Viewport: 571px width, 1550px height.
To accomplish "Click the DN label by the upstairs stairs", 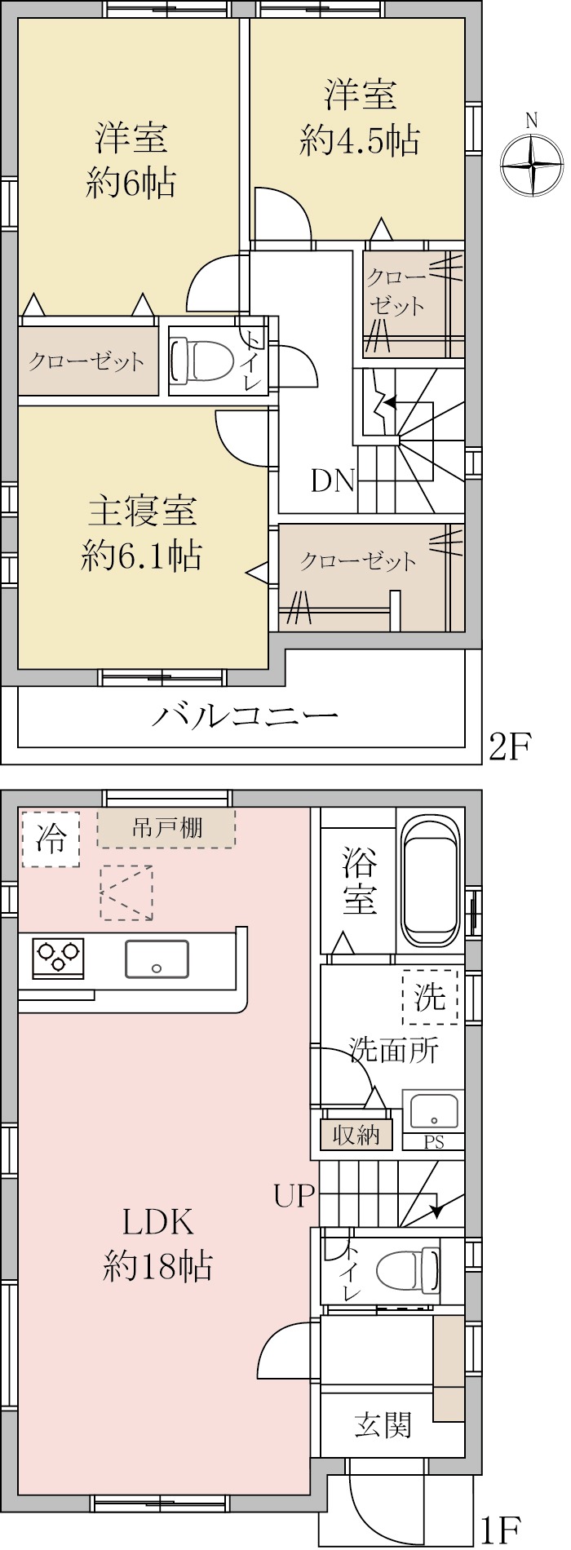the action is pos(333,481).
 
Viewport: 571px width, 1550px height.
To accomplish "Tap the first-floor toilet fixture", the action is pos(408,1270).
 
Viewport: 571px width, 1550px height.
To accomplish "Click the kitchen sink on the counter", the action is pos(157,959).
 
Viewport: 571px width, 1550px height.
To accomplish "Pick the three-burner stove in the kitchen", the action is pos(58,958).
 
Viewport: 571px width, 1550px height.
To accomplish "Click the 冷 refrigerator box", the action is pos(51,839).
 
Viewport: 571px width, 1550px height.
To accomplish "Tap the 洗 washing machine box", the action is pos(430,997).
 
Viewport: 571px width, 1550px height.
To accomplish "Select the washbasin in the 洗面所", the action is pos(434,1110).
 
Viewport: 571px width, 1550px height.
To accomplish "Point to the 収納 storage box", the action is pos(356,1135).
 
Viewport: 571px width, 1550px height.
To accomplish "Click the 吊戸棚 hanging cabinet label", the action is pos(166,828).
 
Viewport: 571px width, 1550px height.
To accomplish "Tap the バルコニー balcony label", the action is pos(245,717).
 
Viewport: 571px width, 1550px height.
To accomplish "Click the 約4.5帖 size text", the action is pos(360,142).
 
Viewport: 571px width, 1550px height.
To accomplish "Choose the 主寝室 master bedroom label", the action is pos(142,511).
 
